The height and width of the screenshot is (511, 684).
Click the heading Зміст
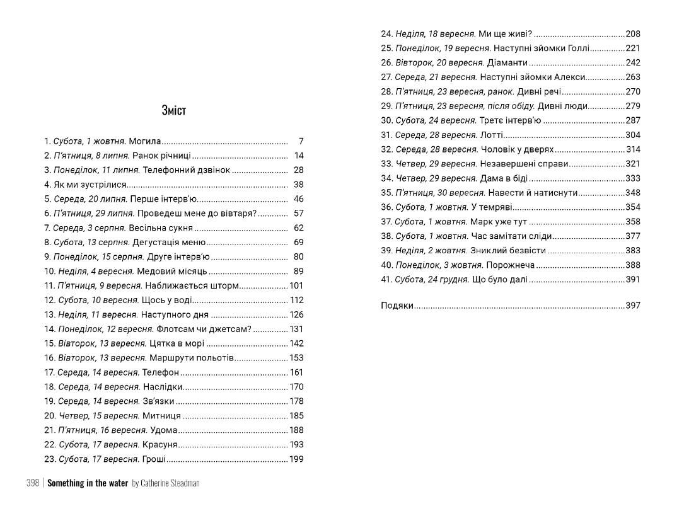(x=174, y=110)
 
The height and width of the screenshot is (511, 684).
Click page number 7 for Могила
(x=301, y=141)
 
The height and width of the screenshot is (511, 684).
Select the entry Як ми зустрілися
(x=85, y=185)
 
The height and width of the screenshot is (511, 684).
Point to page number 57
(x=299, y=214)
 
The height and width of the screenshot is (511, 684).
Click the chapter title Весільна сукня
(x=167, y=228)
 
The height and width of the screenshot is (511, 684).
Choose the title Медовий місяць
(x=172, y=272)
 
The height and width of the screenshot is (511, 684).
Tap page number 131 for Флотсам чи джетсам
(x=296, y=329)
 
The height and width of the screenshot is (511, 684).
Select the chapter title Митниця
(x=162, y=416)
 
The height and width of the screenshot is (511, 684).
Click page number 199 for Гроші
(x=296, y=459)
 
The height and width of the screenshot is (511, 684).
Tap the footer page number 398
(x=33, y=483)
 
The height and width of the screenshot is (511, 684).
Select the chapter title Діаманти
(x=507, y=62)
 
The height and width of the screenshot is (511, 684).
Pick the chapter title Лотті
(x=491, y=135)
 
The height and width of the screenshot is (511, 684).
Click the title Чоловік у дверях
(x=517, y=149)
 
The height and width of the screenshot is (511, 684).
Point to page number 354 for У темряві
(x=633, y=207)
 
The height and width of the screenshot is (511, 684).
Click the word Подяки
(x=397, y=306)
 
